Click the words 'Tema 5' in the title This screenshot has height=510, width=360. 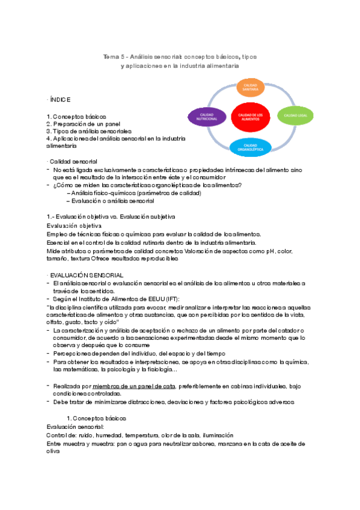[112, 57]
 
